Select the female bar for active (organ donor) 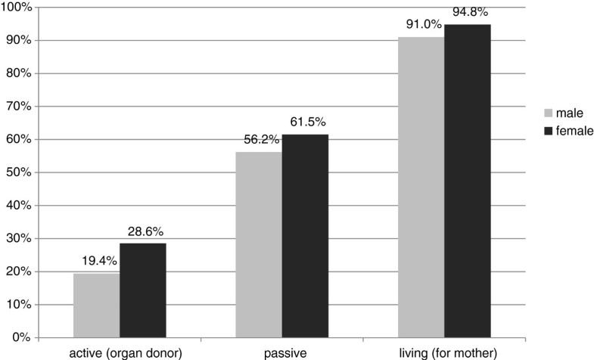[x=143, y=290]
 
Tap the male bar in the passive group [x=259, y=245]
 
